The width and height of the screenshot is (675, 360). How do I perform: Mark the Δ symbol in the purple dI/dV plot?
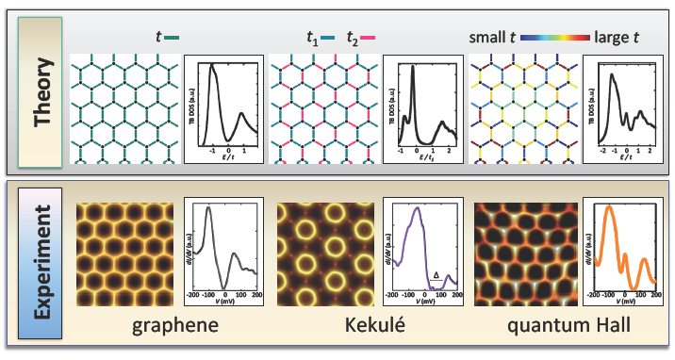[436, 275]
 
